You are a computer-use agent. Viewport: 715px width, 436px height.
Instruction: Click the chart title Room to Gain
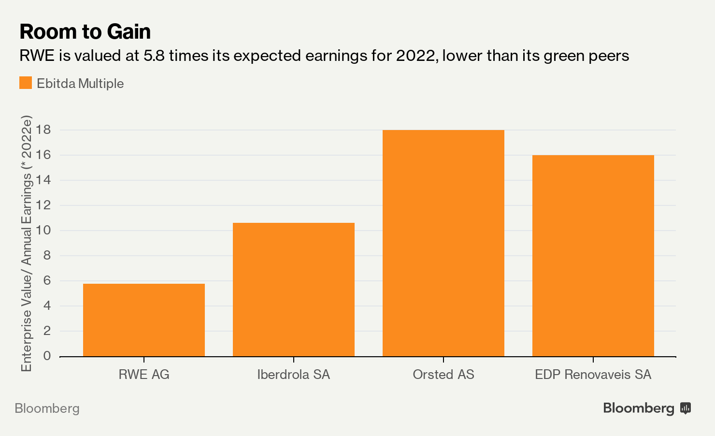85,32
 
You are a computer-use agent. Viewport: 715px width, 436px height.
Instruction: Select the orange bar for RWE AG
144,320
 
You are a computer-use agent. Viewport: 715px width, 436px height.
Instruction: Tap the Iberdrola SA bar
294,290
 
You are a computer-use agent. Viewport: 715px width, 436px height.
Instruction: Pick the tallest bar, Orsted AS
443,243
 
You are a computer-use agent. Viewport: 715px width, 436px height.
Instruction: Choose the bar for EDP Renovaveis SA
593,256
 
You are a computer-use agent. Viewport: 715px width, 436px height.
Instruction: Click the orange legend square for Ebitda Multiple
26,83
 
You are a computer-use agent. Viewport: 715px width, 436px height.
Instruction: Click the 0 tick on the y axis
47,356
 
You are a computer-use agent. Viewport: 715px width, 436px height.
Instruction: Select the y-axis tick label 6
47,280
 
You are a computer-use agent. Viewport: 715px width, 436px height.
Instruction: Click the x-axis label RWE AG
144,375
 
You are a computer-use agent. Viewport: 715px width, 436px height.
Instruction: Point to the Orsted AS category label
443,375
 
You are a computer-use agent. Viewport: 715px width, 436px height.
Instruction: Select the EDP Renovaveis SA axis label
593,375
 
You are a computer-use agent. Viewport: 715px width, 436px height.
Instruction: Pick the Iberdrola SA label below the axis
294,375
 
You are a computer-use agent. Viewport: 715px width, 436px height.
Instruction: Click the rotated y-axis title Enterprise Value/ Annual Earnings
27,243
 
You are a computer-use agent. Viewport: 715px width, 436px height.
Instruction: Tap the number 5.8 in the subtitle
154,56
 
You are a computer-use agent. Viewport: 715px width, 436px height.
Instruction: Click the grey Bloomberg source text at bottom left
47,408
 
